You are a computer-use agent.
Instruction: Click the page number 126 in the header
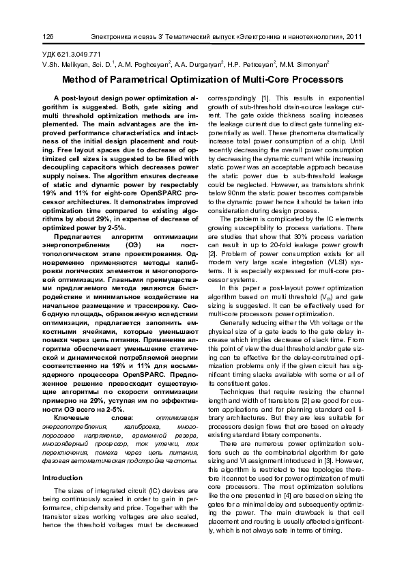48,36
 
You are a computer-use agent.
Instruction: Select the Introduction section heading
62,477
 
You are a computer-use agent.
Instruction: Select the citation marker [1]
267,98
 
